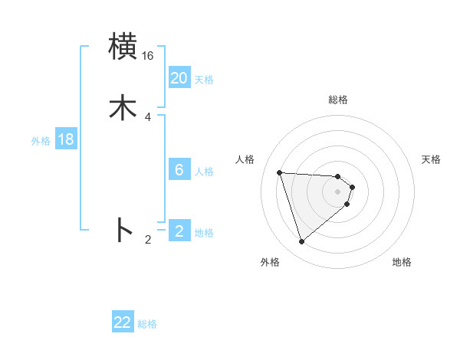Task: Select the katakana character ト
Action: click(123, 230)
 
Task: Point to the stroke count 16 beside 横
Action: click(147, 56)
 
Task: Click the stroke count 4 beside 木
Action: click(147, 116)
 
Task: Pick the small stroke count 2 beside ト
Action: click(147, 240)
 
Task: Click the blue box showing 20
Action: click(179, 78)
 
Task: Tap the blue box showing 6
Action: click(179, 170)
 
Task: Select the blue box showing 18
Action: click(66, 139)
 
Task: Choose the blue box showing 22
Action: click(123, 322)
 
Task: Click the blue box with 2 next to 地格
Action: click(179, 231)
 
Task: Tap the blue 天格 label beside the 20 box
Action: click(204, 80)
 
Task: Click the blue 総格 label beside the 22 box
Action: click(147, 324)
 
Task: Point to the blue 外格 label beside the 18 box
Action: click(41, 141)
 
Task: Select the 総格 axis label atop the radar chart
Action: click(338, 100)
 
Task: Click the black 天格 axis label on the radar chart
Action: click(432, 159)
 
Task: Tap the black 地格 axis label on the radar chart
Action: click(402, 262)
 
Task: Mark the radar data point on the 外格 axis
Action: click(301, 242)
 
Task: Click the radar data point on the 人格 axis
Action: click(280, 172)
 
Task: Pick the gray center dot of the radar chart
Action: click(338, 191)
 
